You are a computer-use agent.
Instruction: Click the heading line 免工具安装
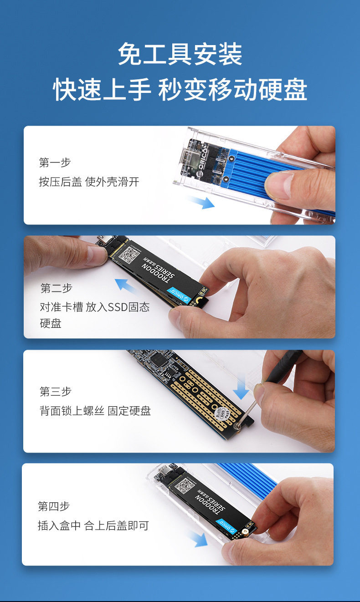(180, 54)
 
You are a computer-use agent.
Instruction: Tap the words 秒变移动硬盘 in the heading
(232, 89)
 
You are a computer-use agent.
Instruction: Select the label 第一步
(55, 163)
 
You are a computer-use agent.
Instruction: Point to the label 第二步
(56, 288)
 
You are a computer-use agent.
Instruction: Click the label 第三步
(56, 391)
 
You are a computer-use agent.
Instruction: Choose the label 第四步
(54, 506)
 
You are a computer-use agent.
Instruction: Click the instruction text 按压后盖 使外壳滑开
(89, 182)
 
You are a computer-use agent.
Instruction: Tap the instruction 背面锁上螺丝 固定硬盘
(95, 411)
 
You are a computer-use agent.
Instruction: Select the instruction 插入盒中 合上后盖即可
(93, 525)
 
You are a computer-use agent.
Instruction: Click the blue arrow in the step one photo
(201, 202)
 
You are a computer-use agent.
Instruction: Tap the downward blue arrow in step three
(241, 387)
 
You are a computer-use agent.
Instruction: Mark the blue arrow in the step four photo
(198, 539)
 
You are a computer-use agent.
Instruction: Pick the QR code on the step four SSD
(184, 485)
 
